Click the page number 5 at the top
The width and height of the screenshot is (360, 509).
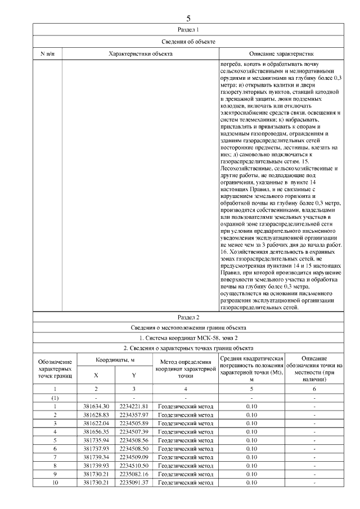click(188, 18)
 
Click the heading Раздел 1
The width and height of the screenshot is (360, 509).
click(188, 29)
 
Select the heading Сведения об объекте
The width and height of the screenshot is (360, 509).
click(188, 41)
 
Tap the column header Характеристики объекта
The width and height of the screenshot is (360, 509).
click(140, 53)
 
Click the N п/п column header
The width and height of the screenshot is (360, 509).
click(47, 53)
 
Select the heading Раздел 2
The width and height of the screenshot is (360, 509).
click(188, 317)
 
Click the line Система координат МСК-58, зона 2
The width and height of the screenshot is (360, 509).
click(188, 337)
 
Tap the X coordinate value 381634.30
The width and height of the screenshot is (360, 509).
click(96, 406)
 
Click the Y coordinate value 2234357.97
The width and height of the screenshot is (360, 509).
click(133, 415)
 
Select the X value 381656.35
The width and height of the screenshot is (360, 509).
click(96, 431)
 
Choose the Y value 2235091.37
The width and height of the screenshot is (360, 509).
click(133, 483)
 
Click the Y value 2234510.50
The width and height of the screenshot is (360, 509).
click(133, 466)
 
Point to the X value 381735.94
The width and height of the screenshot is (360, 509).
click(96, 440)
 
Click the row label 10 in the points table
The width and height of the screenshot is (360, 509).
click(55, 483)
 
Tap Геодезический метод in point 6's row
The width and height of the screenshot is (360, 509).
click(185, 449)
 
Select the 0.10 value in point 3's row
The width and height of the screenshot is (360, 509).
click(251, 423)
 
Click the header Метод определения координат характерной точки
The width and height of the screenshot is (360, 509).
click(185, 368)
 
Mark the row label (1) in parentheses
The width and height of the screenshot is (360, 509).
click(55, 397)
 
